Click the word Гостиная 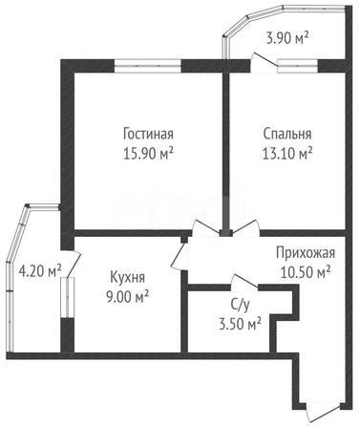(148, 134)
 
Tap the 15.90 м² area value (148, 154)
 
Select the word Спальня (287, 134)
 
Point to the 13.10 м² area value (287, 154)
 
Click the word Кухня (127, 277)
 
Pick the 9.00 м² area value (127, 297)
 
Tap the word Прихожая (306, 253)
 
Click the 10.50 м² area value (306, 272)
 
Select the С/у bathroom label (241, 305)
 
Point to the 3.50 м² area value (241, 324)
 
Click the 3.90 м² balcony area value (287, 38)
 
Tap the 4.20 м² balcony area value (40, 271)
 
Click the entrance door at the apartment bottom (322, 414)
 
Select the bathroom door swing (244, 283)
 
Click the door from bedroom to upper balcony (264, 60)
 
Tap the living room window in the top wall (148, 66)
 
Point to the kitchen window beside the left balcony (68, 297)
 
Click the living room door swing (206, 228)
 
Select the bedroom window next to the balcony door (298, 66)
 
